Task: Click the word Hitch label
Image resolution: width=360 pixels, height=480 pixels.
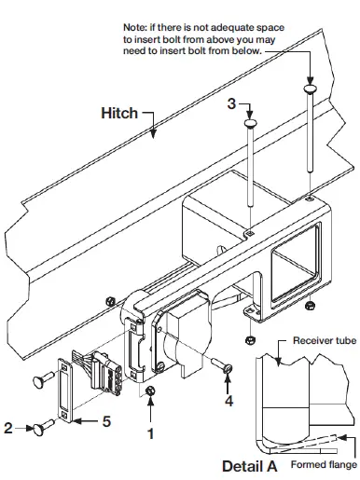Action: pos(119,113)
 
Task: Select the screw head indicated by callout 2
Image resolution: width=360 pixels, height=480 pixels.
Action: pos(40,429)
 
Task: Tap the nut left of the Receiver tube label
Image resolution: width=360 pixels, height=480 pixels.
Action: pos(250,337)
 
